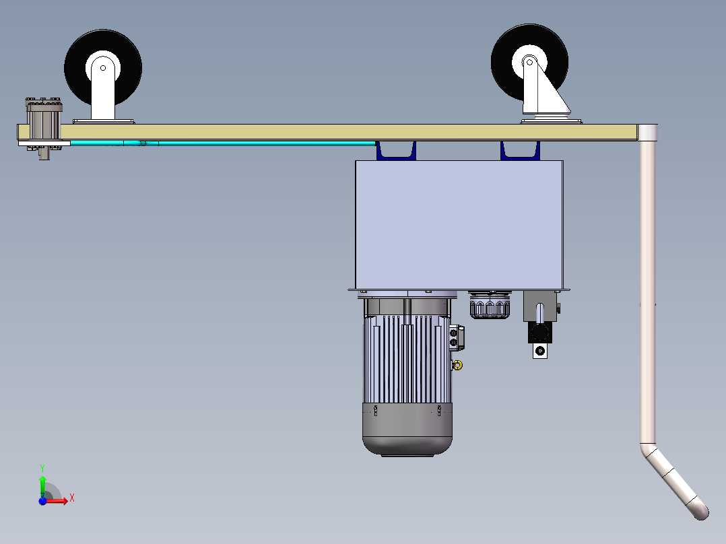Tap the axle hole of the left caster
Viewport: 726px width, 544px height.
pos(103,68)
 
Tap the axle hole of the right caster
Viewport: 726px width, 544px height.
pos(529,62)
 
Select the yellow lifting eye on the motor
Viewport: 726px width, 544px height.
pos(457,366)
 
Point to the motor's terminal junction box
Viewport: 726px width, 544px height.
pos(456,337)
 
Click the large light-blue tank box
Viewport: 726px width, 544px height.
pos(459,225)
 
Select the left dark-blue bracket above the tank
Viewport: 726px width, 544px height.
pos(396,151)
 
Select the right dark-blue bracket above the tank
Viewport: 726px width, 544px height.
pos(520,151)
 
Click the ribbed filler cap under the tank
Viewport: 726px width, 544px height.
pos(490,306)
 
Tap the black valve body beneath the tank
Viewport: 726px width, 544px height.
pos(539,333)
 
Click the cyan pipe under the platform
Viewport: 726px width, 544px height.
pos(223,143)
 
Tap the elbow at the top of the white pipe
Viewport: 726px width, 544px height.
pos(647,133)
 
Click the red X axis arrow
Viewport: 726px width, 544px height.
pos(55,500)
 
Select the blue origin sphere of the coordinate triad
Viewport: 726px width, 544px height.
pos(42,501)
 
